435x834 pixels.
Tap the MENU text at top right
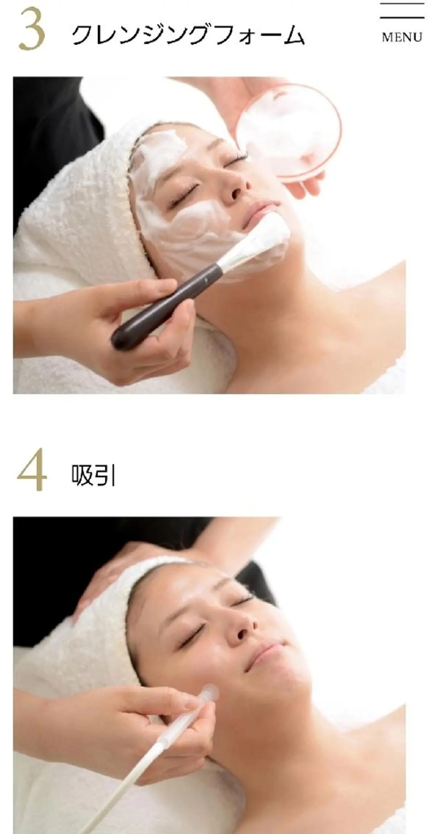click(x=402, y=37)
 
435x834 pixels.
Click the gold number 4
click(x=32, y=469)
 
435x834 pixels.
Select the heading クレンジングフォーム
click(x=188, y=35)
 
